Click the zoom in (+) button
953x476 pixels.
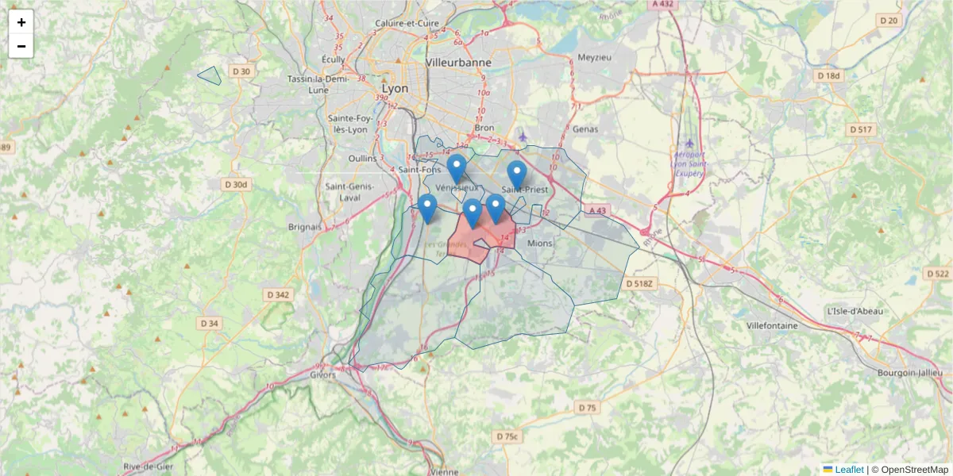click(x=21, y=22)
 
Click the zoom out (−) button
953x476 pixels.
click(x=21, y=46)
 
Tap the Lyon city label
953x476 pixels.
click(x=395, y=88)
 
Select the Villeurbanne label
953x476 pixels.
click(x=458, y=62)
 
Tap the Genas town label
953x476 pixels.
click(x=586, y=129)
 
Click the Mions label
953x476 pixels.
click(x=539, y=243)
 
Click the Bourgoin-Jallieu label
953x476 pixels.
click(x=909, y=372)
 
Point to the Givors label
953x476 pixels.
click(x=323, y=374)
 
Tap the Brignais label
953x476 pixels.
click(x=305, y=226)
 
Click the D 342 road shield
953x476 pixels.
click(x=279, y=294)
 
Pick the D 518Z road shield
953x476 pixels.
click(x=639, y=283)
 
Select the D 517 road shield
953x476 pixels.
click(x=860, y=129)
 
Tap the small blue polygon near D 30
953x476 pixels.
click(x=210, y=76)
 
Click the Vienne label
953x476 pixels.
click(x=443, y=471)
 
